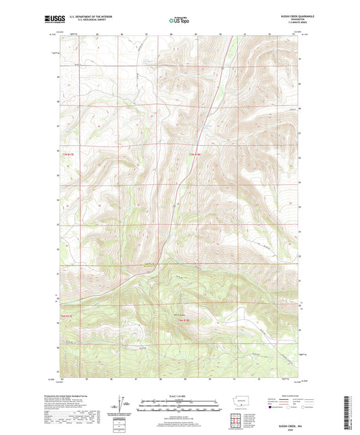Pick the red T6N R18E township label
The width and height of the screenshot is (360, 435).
(195, 319)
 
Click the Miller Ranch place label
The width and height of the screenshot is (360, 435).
(179, 313)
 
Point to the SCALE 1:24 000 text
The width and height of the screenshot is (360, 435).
(179, 394)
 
